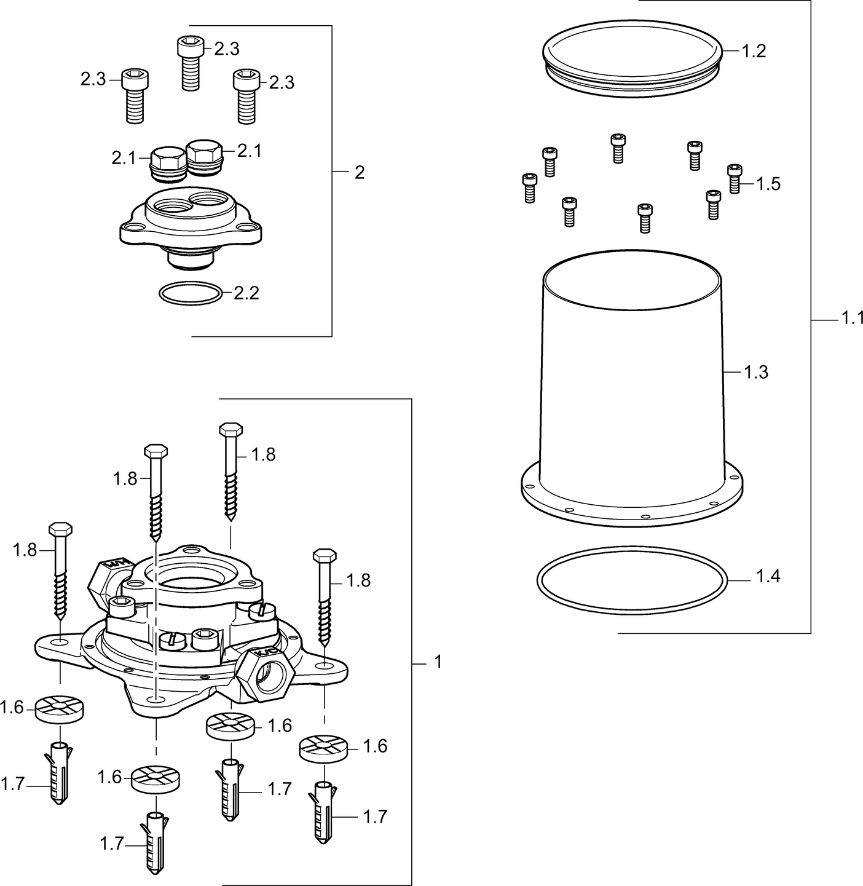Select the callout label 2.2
click(246, 293)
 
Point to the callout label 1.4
click(768, 576)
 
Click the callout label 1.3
click(756, 372)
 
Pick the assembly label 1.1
click(852, 318)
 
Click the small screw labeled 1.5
click(734, 178)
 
